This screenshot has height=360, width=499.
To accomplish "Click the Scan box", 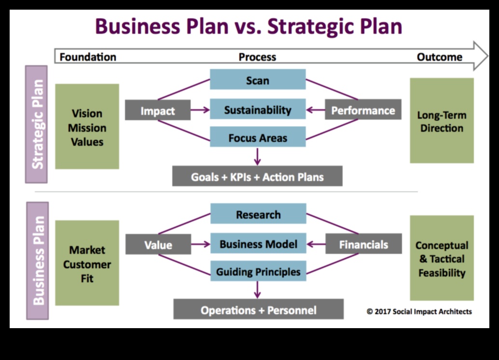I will [x=258, y=80].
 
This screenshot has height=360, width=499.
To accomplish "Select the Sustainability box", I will [x=258, y=110].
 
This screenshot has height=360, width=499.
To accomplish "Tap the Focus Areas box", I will [x=258, y=138].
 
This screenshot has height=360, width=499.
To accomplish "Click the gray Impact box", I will [x=157, y=111].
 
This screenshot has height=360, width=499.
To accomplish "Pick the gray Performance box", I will [x=363, y=110].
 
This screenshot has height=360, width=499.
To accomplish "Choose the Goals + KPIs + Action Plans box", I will [x=257, y=177].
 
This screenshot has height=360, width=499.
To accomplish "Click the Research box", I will [x=258, y=214].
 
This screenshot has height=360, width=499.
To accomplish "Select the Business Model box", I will [x=258, y=244].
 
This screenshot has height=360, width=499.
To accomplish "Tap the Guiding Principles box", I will [x=258, y=272].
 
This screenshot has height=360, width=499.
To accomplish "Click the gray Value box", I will [x=158, y=245].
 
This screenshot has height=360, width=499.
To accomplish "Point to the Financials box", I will [x=363, y=244].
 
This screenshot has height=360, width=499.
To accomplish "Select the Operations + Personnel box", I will [x=259, y=310].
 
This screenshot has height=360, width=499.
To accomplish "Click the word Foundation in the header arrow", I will [x=88, y=57].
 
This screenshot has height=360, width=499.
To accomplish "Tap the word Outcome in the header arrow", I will [x=439, y=57].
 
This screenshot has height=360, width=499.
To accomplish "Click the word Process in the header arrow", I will [x=257, y=57].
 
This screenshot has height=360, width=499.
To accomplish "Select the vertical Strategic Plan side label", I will [x=37, y=125].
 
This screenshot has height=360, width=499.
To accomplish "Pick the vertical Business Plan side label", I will [x=37, y=261].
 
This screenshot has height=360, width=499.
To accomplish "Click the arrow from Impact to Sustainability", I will [x=200, y=110].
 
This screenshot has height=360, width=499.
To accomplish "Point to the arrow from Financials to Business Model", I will [x=316, y=244].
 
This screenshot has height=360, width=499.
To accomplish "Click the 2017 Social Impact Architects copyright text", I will [x=419, y=311].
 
